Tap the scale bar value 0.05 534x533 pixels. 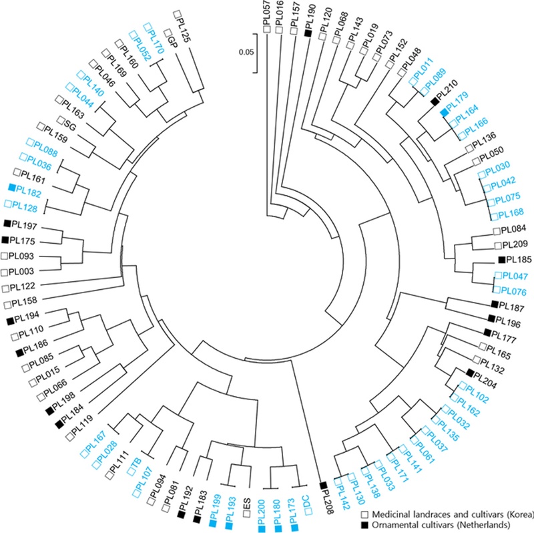246,52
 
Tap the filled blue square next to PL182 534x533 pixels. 12,187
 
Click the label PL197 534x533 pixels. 24,225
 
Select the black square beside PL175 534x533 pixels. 5,240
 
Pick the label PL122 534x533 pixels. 23,287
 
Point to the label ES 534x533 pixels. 247,504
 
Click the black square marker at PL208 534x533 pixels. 324,486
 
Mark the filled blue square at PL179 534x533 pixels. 444,112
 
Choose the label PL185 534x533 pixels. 519,259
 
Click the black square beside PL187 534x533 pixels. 495,303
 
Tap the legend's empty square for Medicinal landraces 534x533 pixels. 365,514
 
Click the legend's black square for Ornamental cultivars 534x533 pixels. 365,525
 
